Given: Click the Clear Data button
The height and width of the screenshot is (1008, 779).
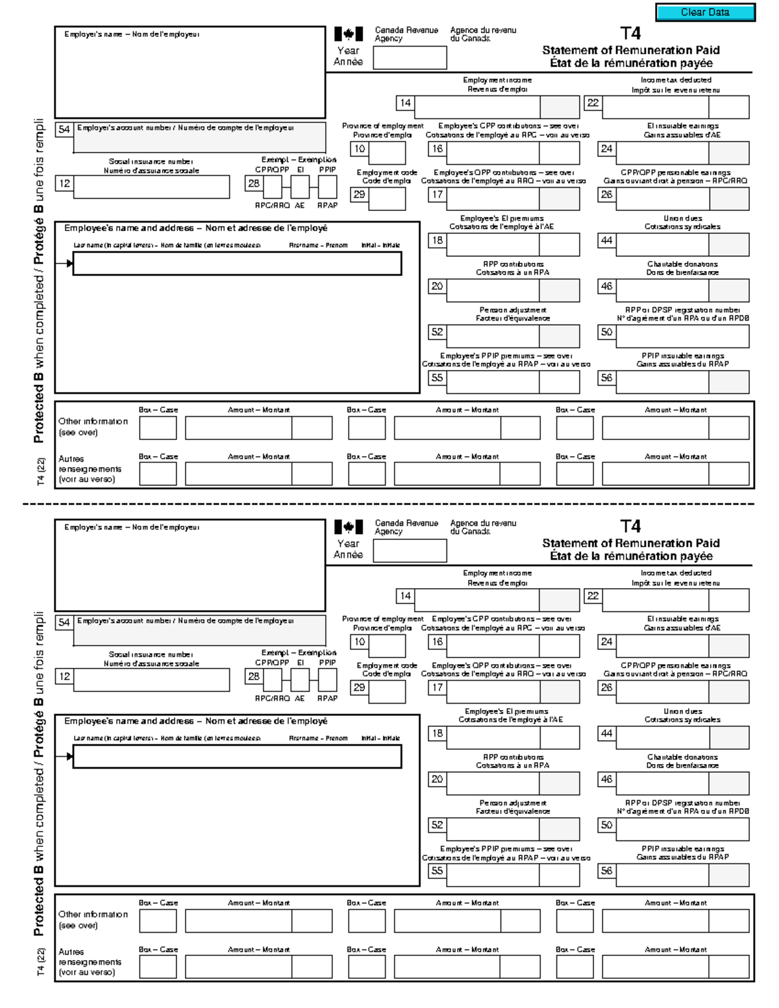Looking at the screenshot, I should click(x=705, y=12).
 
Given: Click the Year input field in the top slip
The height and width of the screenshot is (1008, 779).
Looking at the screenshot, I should click(x=410, y=58).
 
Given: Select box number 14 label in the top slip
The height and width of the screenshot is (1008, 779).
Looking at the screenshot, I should click(x=405, y=103).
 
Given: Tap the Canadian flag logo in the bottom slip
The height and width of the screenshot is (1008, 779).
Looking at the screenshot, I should click(x=349, y=526).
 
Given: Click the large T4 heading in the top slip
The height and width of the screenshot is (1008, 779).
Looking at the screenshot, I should click(x=630, y=34).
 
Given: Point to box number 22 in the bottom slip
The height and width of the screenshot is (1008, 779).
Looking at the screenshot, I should click(x=593, y=596).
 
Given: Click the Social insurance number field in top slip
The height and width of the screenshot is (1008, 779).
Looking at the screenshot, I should click(x=152, y=187).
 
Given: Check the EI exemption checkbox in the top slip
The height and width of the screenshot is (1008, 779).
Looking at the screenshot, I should click(x=300, y=187).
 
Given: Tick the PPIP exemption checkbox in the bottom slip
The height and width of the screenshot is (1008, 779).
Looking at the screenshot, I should click(x=327, y=680).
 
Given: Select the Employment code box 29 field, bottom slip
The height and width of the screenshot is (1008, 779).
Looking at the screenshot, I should click(x=386, y=692).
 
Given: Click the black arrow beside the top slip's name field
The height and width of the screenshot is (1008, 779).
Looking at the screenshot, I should click(x=68, y=264).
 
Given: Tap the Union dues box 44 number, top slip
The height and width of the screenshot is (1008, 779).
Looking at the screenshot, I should click(x=606, y=241).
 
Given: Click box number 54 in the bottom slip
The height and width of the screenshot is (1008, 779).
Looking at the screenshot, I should click(x=64, y=622).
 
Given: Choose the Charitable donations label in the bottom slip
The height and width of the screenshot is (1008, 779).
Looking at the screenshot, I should click(x=682, y=761).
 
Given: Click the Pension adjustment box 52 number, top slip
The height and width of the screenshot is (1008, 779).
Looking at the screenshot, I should click(x=437, y=332).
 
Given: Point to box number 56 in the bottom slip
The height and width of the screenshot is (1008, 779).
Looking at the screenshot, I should click(x=606, y=871).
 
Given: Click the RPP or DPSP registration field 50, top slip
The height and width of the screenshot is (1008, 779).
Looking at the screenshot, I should click(x=682, y=336).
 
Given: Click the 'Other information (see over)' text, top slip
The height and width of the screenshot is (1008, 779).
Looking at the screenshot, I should click(x=93, y=426).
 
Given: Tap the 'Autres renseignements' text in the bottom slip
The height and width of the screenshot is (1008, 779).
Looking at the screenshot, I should click(x=90, y=962).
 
